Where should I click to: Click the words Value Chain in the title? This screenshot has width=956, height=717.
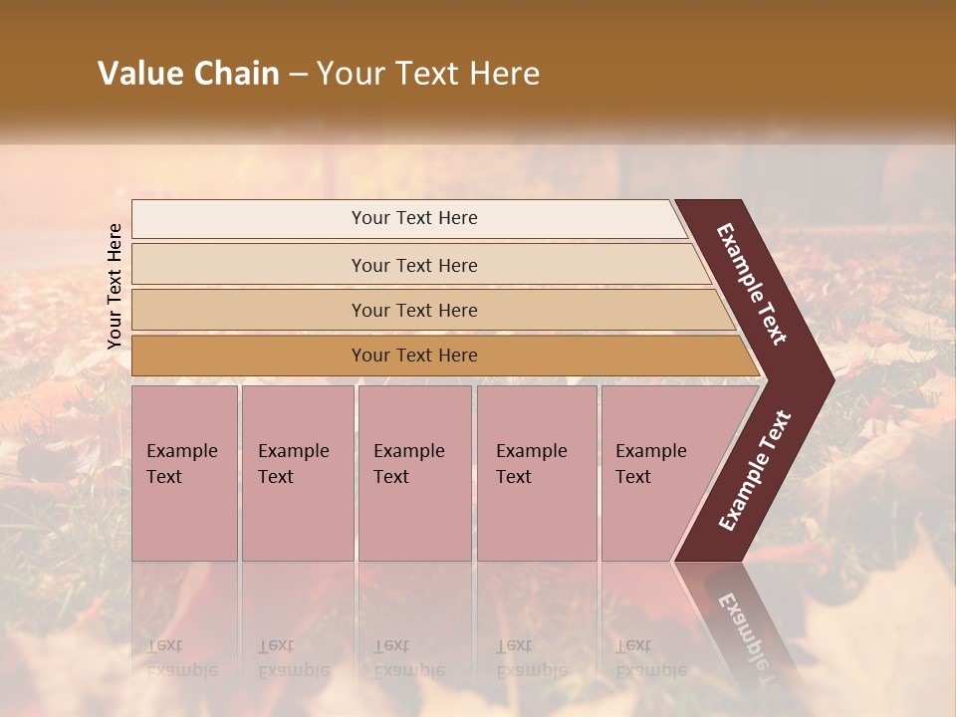pos(188,74)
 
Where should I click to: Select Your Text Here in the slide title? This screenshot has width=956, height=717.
pos(428,74)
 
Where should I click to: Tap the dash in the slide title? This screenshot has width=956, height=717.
pos(298,74)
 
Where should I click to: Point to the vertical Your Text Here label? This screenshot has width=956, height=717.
pos(115,286)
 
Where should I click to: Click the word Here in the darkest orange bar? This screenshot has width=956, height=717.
pos(457,356)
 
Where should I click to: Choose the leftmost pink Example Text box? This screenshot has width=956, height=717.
pos(184,473)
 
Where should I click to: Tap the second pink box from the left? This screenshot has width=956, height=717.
pos(298,473)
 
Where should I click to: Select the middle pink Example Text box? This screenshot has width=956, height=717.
pos(414,473)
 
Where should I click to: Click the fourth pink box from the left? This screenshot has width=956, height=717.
pos(537,473)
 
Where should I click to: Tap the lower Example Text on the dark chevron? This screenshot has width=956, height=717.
pos(755,471)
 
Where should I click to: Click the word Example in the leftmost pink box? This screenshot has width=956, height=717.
pos(181,451)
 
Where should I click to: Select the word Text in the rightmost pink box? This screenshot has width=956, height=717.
pos(633,477)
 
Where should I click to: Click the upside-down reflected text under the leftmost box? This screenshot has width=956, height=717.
pos(181,658)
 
